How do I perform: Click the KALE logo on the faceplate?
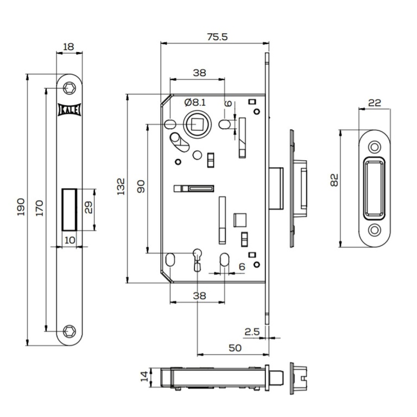tap(69, 110)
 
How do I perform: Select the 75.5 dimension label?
tap(217, 37)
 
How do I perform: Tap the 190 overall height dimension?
tap(21, 207)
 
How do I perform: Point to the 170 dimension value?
tap(39, 208)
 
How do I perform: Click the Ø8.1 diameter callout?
tap(195, 103)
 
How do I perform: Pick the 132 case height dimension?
tap(121, 186)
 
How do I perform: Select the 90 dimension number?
tap(141, 186)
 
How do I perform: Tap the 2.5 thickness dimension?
tap(252, 332)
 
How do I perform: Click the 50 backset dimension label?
tap(235, 348)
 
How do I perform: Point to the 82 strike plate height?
tap(334, 180)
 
